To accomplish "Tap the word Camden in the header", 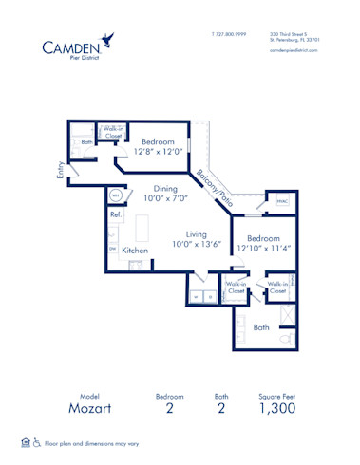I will click(x=71, y=46).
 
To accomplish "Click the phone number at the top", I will click(x=229, y=34).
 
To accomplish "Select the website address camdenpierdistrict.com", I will click(x=294, y=49).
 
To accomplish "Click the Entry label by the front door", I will click(x=61, y=171).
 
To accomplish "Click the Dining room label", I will click(x=165, y=188).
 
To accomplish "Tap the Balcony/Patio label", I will click(x=215, y=188).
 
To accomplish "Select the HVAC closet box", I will click(x=282, y=202).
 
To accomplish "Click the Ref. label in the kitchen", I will click(x=116, y=214).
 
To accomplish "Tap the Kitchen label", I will click(x=134, y=250).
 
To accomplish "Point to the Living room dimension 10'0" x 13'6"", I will click(x=196, y=244).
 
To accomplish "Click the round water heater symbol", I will click(x=116, y=195).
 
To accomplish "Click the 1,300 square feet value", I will click(x=278, y=408).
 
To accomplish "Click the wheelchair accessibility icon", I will click(x=37, y=442).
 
